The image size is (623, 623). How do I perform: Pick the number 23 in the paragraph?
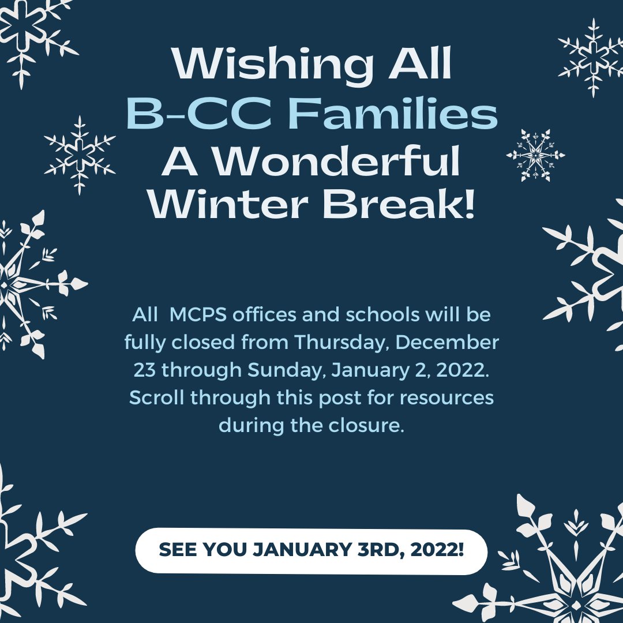pos(145,370)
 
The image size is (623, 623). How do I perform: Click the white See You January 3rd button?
pos(311,551)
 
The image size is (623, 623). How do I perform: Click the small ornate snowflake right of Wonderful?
pos(535,155)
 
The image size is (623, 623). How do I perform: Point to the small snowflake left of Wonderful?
pos(80,154)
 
